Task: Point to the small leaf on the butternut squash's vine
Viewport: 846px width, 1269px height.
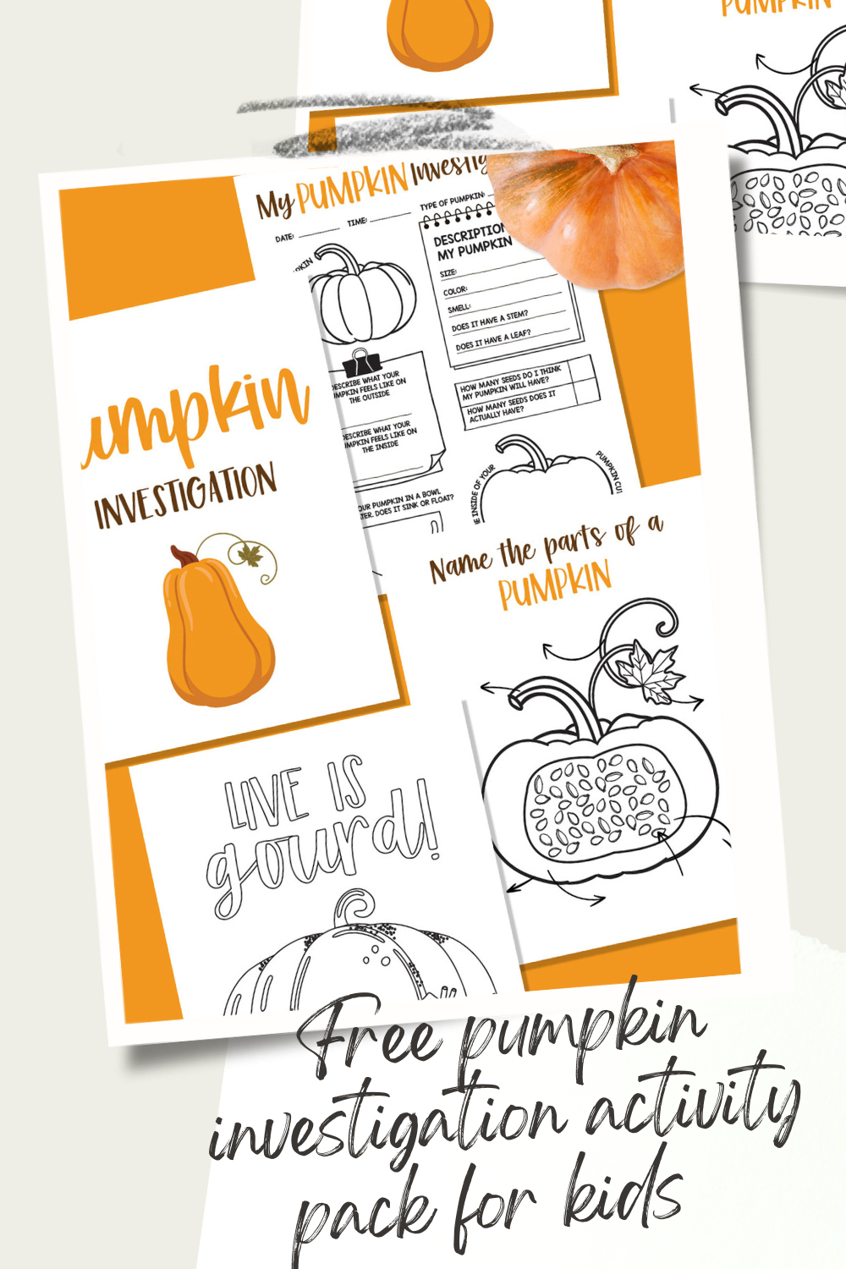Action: (x=250, y=555)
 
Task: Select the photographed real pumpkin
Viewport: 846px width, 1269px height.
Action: (x=592, y=211)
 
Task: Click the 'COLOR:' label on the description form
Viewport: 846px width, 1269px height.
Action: (x=455, y=290)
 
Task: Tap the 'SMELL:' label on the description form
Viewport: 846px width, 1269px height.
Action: (x=459, y=308)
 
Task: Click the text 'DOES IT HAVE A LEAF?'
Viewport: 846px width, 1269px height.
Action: (x=493, y=340)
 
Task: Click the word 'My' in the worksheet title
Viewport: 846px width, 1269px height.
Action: (x=275, y=204)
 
